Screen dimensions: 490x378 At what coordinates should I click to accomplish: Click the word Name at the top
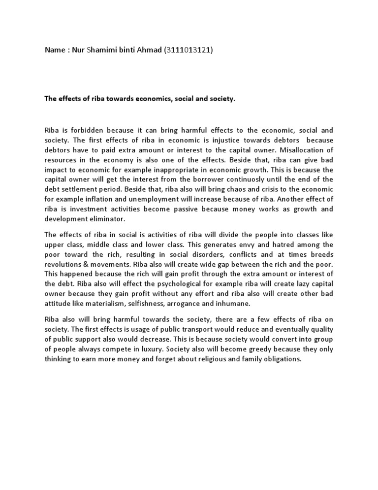pyautogui.click(x=55, y=51)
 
